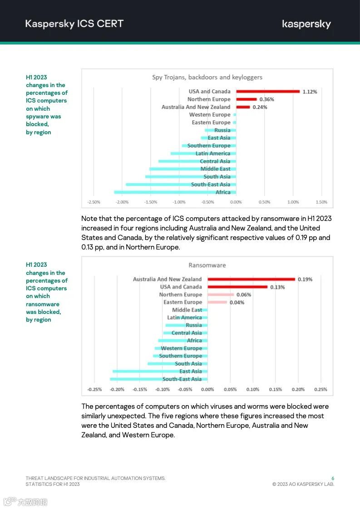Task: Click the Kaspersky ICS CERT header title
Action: pyautogui.click(x=74, y=24)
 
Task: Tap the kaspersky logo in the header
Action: pyautogui.click(x=306, y=24)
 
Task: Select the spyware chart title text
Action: pyautogui.click(x=207, y=78)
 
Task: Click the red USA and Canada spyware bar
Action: pyautogui.click(x=268, y=92)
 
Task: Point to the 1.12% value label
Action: pyautogui.click(x=310, y=92)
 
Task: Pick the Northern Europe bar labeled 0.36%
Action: pyautogui.click(x=247, y=99)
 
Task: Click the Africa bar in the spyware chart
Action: pyautogui.click(x=175, y=192)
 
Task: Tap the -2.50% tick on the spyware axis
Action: pyautogui.click(x=94, y=202)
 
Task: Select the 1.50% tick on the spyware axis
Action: pyautogui.click(x=321, y=202)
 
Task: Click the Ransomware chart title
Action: pyautogui.click(x=207, y=265)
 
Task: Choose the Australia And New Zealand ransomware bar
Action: pyautogui.click(x=251, y=279)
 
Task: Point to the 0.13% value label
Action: pyautogui.click(x=277, y=287)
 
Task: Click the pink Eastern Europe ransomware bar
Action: pyautogui.click(x=217, y=302)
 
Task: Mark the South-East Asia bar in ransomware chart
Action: pyautogui.click(x=158, y=379)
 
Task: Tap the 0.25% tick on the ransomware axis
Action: pyautogui.click(x=321, y=389)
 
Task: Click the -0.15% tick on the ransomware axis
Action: pyautogui.click(x=140, y=389)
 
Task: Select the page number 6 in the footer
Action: pyautogui.click(x=333, y=478)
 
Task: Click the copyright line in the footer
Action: pyautogui.click(x=303, y=484)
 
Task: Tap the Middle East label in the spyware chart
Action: pyautogui.click(x=216, y=169)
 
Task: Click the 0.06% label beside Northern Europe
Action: pyautogui.click(x=244, y=295)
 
